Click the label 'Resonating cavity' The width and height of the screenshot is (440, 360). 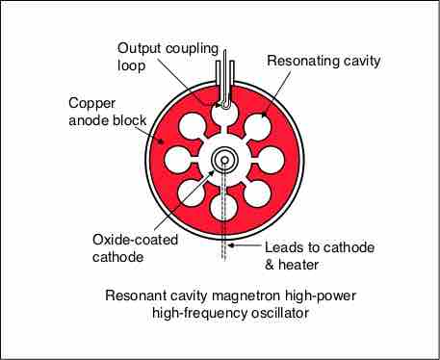(x=324, y=61)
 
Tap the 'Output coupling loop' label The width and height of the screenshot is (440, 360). (x=168, y=57)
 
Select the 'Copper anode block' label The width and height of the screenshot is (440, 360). (x=108, y=112)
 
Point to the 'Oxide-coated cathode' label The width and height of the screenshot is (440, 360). (x=135, y=248)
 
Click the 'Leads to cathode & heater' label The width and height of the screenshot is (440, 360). (x=320, y=256)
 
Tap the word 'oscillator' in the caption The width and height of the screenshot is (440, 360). (x=280, y=313)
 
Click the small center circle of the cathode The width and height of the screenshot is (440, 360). (x=224, y=160)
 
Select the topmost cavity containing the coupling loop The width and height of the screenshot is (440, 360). (x=224, y=113)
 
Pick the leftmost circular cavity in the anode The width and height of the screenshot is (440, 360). (x=177, y=160)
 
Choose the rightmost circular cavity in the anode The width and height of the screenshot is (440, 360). (x=272, y=160)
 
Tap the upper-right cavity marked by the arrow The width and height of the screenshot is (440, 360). (x=258, y=127)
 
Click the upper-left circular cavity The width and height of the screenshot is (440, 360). (x=192, y=127)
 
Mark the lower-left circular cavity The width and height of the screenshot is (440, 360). (x=192, y=193)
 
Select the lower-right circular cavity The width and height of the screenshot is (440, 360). (x=258, y=193)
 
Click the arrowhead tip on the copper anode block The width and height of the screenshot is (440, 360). (x=163, y=141)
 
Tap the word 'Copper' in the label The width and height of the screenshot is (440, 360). (x=91, y=104)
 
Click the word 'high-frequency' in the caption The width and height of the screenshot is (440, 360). (x=199, y=313)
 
